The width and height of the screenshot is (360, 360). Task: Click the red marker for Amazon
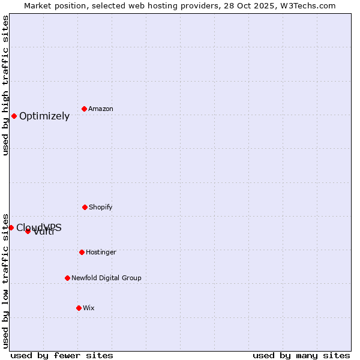tap(84, 109)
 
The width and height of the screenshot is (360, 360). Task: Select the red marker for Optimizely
tap(14, 116)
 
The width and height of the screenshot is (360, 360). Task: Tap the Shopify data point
tap(85, 207)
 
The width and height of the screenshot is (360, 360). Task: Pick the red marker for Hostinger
tap(82, 252)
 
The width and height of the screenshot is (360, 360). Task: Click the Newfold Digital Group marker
tap(67, 278)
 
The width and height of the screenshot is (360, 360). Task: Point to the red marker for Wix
tap(79, 308)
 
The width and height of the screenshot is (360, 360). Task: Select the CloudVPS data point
tap(11, 227)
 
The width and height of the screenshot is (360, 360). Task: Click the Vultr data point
tap(28, 231)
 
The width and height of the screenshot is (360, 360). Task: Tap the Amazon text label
tap(101, 109)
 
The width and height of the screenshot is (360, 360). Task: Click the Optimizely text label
tap(44, 116)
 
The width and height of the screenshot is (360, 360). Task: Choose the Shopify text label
tap(101, 207)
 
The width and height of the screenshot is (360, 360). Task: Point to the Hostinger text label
tap(101, 252)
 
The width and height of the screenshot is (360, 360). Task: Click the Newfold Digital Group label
tap(106, 278)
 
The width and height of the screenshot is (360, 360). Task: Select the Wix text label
tap(89, 308)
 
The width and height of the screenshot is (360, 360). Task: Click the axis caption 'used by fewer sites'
tap(62, 355)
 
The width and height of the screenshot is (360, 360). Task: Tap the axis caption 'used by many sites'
tap(301, 355)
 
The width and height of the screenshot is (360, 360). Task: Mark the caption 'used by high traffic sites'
tap(5, 85)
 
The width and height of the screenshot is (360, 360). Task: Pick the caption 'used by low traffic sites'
tap(5, 280)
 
